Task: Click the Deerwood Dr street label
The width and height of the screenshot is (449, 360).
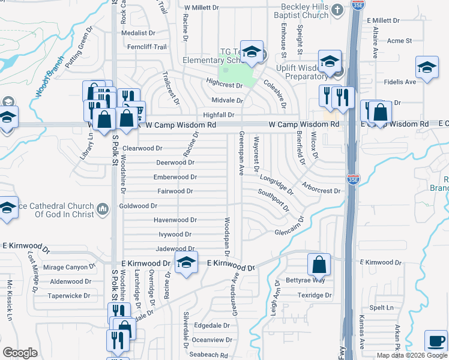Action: [175, 163]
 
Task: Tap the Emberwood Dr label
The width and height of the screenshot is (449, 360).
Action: [175, 177]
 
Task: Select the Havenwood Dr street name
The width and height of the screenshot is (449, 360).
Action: [175, 220]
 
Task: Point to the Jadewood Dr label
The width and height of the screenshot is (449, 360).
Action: [175, 248]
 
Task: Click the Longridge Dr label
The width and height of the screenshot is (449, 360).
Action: [277, 184]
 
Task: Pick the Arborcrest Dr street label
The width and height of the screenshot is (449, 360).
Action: [321, 188]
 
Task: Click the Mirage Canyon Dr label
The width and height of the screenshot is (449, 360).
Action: [70, 267]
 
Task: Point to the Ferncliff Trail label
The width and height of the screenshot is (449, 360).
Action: [142, 47]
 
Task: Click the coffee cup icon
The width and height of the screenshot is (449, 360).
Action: [435, 341]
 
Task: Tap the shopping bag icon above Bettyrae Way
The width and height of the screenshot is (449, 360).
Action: [319, 264]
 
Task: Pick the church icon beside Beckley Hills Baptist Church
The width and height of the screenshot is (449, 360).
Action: [337, 10]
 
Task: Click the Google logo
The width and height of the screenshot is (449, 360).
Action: [20, 352]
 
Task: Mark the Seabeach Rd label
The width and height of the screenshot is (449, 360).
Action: [209, 355]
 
